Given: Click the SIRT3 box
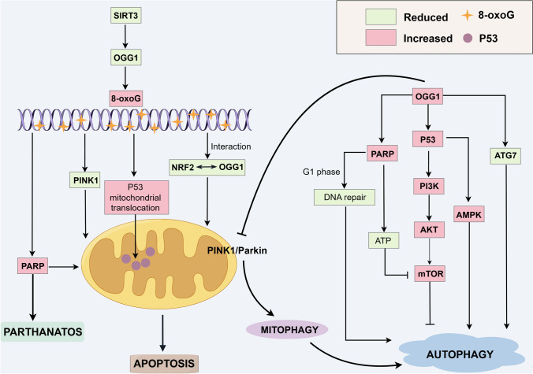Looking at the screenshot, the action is [126, 15].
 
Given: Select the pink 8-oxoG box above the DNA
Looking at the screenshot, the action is [126, 98].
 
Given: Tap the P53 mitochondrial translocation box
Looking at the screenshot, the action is [136, 197].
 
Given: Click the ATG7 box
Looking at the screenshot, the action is [505, 156].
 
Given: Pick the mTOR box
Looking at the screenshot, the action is [430, 273].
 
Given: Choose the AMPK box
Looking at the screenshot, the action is [469, 214].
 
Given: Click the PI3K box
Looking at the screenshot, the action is [429, 186].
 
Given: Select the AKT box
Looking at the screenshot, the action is [429, 229].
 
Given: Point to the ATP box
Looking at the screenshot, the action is [383, 240].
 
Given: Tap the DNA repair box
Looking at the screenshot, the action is [345, 197].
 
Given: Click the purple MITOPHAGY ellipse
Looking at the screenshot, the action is [287, 330].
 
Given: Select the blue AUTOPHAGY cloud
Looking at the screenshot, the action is [461, 354].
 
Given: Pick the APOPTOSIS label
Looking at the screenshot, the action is [164, 364].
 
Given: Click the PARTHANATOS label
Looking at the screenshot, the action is [43, 331].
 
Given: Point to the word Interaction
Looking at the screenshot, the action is [231, 146].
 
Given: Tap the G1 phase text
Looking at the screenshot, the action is [321, 172].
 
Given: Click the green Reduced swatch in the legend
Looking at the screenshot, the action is [381, 17].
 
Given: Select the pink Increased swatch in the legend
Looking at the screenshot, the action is [381, 37].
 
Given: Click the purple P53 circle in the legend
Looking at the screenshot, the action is [468, 38].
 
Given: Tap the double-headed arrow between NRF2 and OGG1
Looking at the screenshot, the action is [207, 167].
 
